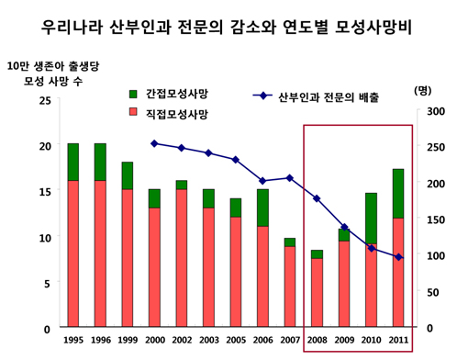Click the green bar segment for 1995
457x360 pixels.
73,162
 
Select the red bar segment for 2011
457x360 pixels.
398,272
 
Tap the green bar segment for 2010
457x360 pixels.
371,219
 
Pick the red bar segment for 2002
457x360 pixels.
182,258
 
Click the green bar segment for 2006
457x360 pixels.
262,208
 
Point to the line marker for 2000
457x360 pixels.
154,143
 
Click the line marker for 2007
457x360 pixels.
290,178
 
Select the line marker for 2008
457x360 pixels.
317,198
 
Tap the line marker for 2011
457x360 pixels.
398,257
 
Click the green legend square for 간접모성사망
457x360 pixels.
133,94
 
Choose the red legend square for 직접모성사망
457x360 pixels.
133,111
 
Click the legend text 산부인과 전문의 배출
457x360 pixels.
329,97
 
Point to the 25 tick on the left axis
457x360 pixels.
45,100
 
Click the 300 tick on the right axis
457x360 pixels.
436,111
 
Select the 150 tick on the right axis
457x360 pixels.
436,219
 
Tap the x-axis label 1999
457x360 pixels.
128,340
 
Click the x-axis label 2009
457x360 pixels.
344,340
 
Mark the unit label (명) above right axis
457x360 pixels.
423,90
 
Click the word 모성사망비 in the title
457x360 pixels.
373,28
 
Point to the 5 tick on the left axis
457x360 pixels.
47,284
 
